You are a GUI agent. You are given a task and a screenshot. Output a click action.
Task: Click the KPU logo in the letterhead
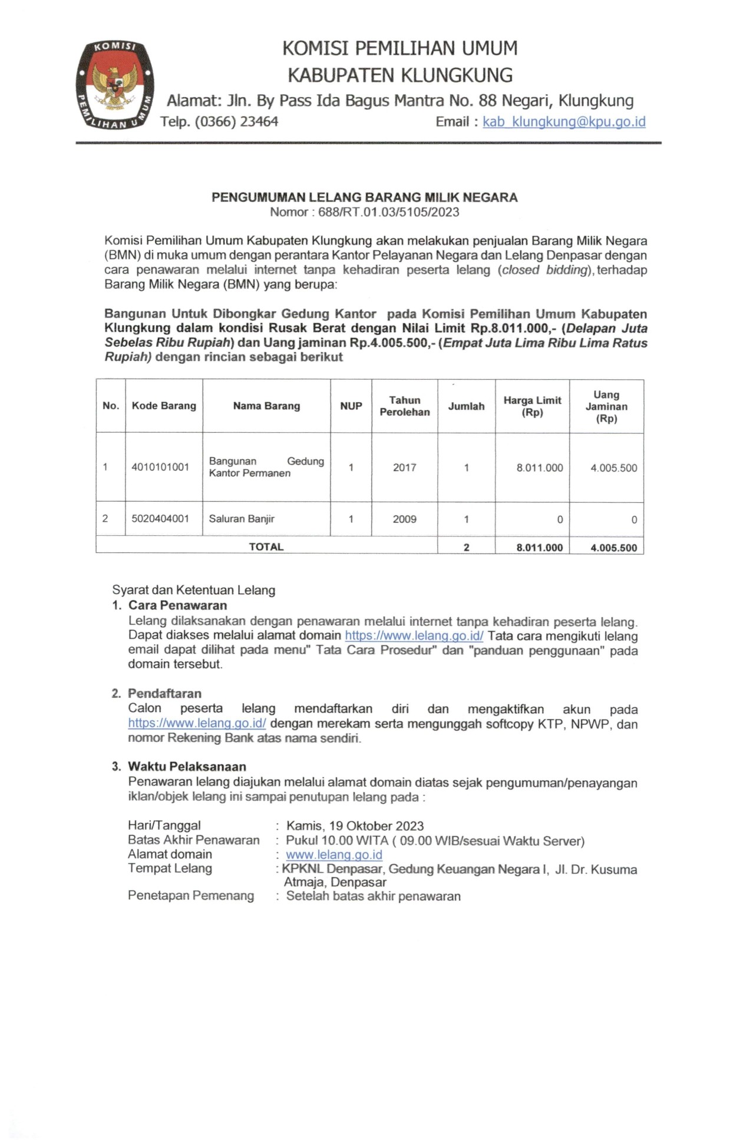[115, 85]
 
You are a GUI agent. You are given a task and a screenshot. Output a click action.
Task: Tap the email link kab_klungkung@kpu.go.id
[564, 122]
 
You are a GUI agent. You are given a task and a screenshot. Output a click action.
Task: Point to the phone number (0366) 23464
[236, 122]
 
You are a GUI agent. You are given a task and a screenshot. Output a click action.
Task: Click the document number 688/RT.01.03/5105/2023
[388, 213]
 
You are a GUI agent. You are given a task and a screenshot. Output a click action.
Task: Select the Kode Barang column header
[164, 406]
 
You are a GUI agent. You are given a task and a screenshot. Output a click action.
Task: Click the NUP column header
[351, 406]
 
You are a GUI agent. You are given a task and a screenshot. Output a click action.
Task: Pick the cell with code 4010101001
[160, 467]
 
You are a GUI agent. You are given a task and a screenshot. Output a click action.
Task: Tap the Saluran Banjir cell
[242, 519]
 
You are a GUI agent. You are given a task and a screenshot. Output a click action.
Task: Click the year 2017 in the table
[404, 468]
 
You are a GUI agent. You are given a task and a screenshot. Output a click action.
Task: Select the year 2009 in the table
[404, 519]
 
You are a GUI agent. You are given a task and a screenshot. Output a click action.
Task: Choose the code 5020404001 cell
[160, 519]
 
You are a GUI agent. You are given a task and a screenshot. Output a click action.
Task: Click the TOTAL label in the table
[266, 547]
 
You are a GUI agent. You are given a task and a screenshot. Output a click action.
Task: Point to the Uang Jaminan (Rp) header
[606, 406]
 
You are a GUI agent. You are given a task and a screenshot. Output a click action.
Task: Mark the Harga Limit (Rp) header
[532, 406]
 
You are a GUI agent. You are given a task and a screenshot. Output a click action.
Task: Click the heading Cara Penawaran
[177, 605]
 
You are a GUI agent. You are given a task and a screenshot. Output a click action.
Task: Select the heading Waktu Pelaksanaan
[187, 767]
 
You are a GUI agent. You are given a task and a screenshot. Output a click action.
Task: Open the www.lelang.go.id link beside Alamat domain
[334, 854]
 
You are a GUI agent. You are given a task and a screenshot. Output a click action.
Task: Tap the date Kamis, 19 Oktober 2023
[355, 826]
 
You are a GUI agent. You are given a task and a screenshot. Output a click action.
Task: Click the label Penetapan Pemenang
[191, 896]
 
